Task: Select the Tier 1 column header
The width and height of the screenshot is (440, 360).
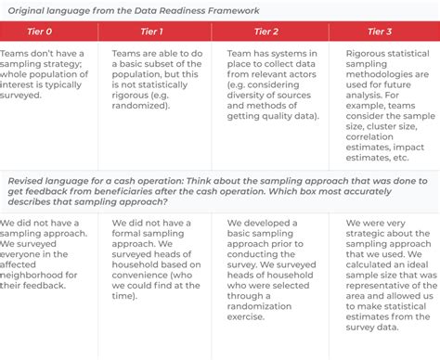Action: click(157, 31)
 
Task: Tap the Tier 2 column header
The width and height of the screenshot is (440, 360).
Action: click(267, 31)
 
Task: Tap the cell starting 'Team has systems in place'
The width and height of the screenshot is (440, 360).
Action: click(267, 87)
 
